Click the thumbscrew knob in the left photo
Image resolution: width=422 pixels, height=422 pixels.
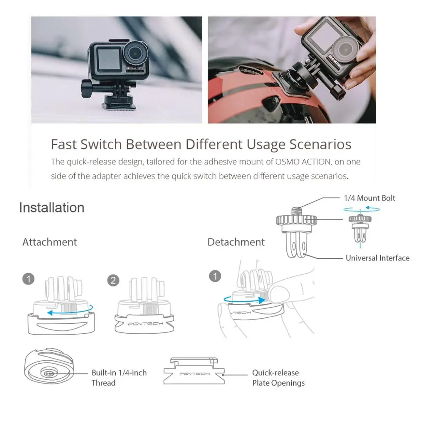[x=86, y=89]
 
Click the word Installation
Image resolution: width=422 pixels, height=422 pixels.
[x=51, y=208]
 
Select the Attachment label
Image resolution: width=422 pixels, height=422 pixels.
[x=49, y=242]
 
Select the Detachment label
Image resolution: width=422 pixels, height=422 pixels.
[x=236, y=242]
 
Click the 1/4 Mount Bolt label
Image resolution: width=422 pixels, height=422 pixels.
[x=370, y=198]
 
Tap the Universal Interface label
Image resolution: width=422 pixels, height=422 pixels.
[x=378, y=258]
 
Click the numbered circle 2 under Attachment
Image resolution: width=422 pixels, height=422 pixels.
[x=113, y=281]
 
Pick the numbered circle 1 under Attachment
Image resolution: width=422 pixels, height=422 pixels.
[x=28, y=279]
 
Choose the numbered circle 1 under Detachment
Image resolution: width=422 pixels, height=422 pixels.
[x=215, y=276]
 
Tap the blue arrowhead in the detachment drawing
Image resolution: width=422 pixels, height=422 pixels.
[x=262, y=300]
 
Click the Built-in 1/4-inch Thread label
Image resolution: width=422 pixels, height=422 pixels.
[x=119, y=378]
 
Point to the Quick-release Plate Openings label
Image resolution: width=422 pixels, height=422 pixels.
[x=278, y=378]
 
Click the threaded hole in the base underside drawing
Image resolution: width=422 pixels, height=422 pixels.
[x=49, y=373]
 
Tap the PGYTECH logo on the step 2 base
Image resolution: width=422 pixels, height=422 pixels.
[x=145, y=324]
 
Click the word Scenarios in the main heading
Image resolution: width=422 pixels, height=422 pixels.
[x=320, y=144]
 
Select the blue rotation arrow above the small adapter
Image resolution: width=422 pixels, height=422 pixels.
[x=362, y=209]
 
